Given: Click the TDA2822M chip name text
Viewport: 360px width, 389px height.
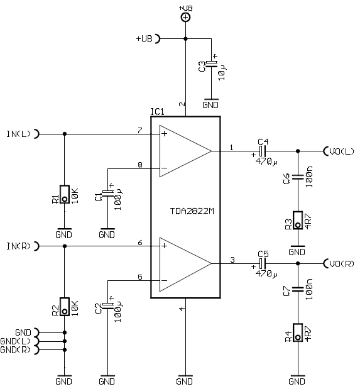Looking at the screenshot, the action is [192, 211].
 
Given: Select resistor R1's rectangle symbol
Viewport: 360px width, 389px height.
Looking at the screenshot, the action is [65, 194].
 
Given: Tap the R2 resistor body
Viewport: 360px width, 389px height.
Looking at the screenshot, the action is [65, 307].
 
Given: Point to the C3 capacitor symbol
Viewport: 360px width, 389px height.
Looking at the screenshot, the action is [211, 63].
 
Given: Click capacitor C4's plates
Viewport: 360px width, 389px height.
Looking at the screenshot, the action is [263, 151].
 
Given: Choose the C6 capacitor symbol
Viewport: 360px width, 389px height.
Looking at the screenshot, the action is [298, 177].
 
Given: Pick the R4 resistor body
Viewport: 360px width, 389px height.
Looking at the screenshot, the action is [298, 332].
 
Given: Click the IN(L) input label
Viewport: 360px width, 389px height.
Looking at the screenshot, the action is [18, 134].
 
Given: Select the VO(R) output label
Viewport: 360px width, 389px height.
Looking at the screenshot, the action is [342, 264].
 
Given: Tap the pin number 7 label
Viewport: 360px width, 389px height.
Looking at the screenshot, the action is [140, 130].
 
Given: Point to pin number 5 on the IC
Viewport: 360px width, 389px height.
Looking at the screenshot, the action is [140, 277].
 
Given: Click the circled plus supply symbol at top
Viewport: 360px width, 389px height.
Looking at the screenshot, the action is [185, 18].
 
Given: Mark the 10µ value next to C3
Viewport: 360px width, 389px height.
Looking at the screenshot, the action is [222, 72].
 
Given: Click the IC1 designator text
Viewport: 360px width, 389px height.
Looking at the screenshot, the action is [158, 112].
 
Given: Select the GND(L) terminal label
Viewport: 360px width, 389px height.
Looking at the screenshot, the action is [15, 341].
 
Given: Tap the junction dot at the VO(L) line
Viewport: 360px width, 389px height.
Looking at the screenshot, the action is [298, 151].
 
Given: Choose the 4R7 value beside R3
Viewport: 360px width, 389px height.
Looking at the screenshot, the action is [308, 222].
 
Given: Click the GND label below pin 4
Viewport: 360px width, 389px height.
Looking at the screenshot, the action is [185, 381].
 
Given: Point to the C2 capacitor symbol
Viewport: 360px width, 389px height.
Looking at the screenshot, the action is [107, 305].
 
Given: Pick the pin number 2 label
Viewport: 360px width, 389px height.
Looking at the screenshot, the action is [182, 104].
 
